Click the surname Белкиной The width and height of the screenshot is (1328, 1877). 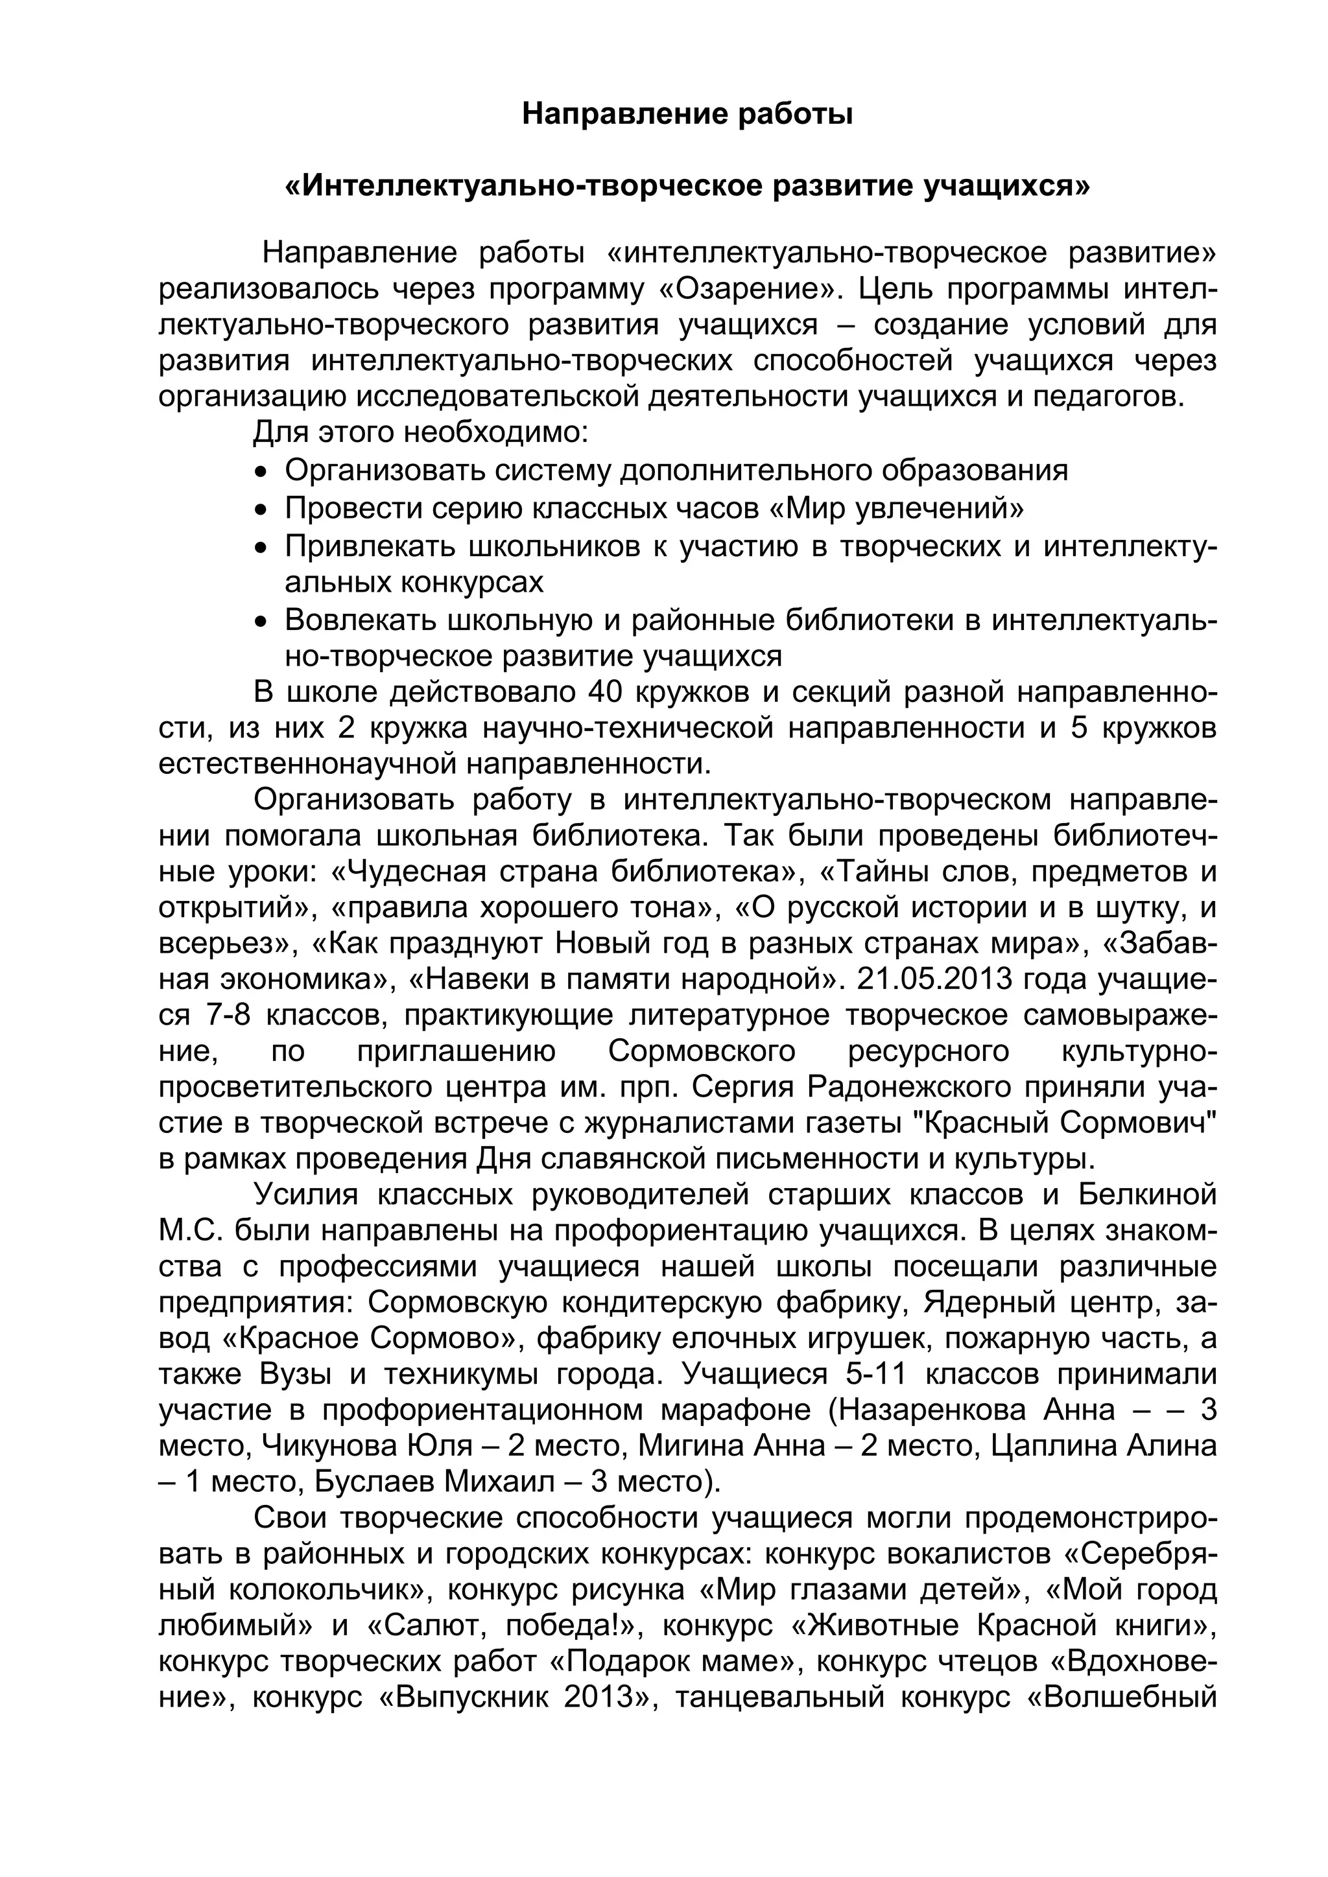(x=1147, y=1195)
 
